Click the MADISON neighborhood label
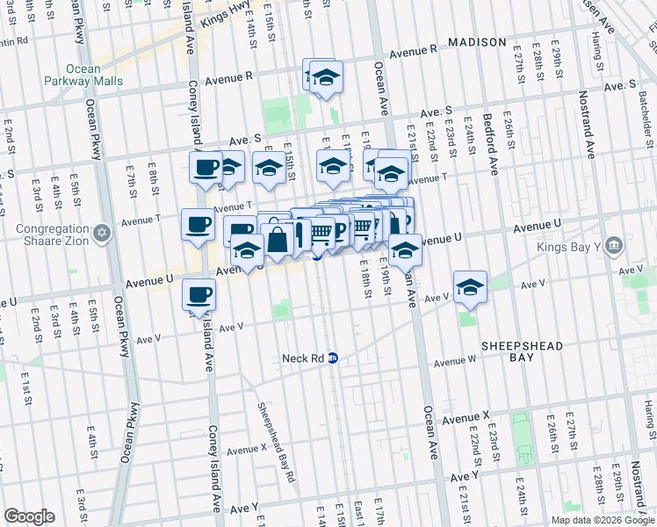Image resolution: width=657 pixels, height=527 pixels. [x=477, y=42]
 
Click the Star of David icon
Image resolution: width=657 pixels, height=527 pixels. [x=103, y=232]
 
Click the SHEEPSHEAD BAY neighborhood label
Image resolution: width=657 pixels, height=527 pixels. [x=524, y=351]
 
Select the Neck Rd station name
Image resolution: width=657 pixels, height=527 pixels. [x=304, y=358]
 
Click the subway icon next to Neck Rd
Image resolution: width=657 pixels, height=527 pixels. [x=334, y=358]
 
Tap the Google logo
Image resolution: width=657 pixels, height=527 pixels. [x=29, y=516]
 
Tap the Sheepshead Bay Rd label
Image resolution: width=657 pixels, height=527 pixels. [x=273, y=442]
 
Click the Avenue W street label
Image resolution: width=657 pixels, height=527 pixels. [x=454, y=361]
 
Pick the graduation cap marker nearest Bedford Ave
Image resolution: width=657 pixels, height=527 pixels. [x=470, y=288]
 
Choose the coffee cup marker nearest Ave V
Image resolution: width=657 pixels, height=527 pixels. [x=199, y=295]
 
